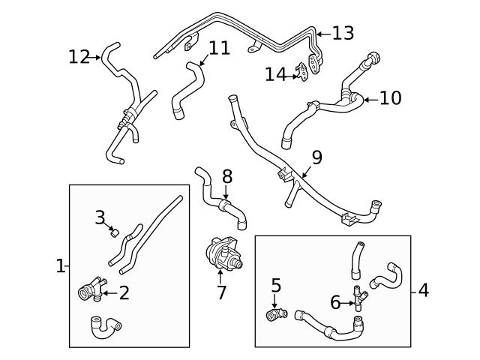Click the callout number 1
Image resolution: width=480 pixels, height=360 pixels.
[61, 265]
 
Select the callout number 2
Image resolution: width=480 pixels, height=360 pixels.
[124, 292]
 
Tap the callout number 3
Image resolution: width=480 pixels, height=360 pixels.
[100, 217]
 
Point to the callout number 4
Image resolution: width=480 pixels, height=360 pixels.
[424, 289]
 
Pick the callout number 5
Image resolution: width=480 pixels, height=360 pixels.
[276, 285]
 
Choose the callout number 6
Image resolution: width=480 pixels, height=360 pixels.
[336, 302]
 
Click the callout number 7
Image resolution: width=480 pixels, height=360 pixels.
[221, 292]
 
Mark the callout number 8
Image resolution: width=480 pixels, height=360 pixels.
[227, 177]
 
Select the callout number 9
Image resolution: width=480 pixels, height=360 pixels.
[316, 157]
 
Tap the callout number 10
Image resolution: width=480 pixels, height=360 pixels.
[390, 98]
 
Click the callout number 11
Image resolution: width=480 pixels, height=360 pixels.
[219, 48]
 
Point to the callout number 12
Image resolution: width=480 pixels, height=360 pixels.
[79, 56]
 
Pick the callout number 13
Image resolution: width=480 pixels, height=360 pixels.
[343, 33]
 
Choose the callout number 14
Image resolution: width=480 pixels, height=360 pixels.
[275, 74]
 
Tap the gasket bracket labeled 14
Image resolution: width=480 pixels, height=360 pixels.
[302, 71]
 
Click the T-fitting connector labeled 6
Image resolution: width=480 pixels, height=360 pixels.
[360, 301]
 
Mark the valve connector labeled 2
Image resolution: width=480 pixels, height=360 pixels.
[88, 289]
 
